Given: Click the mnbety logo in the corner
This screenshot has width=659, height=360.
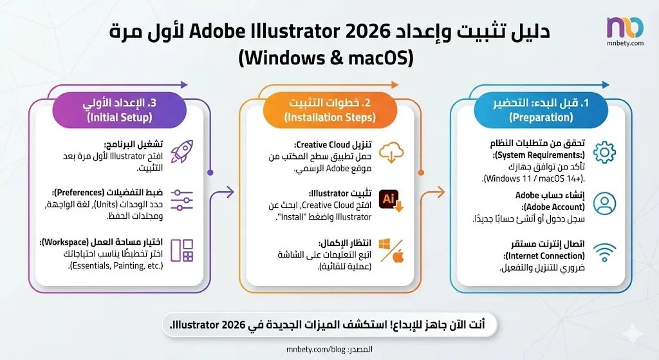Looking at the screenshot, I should coord(624,30).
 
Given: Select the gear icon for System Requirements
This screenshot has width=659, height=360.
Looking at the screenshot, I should coord(604,153).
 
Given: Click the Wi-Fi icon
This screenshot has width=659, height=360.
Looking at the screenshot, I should coord(604,254).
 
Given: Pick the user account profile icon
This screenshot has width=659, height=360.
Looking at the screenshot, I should coord(604,204).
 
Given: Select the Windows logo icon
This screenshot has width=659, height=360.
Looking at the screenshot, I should coord(385,245).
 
